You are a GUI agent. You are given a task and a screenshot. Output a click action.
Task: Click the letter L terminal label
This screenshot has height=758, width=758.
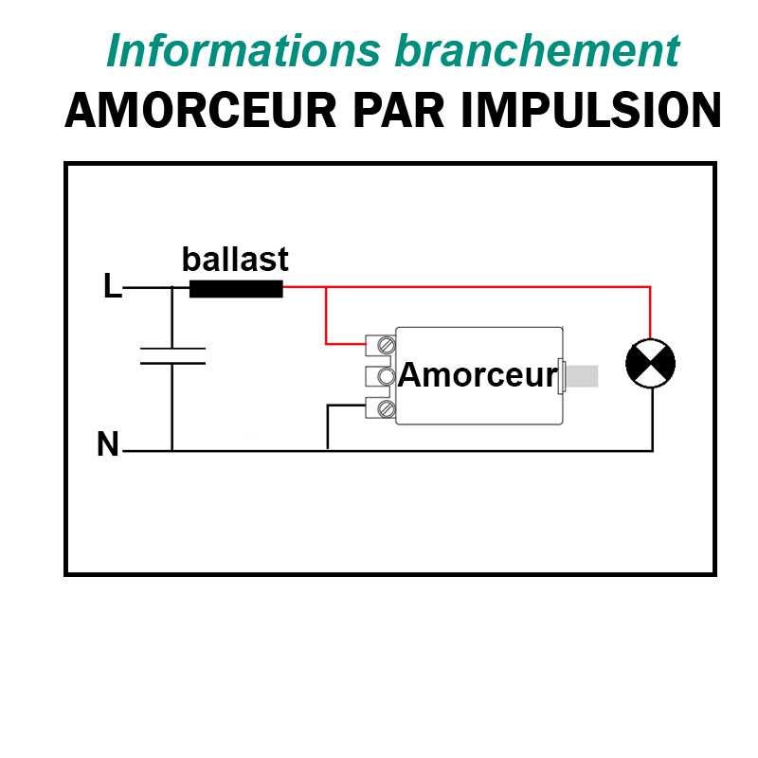pyautogui.click(x=112, y=287)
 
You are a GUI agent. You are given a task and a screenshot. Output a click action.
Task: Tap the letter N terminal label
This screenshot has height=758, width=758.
pyautogui.click(x=108, y=444)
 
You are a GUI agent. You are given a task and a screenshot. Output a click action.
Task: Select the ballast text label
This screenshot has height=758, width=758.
pyautogui.click(x=235, y=260)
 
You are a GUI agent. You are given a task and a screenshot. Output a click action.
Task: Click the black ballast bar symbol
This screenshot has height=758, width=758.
pyautogui.click(x=236, y=289)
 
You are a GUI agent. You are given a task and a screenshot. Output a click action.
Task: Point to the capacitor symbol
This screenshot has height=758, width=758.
pyautogui.click(x=171, y=355)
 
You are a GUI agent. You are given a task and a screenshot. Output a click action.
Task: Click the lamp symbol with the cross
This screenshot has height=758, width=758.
pyautogui.click(x=651, y=364)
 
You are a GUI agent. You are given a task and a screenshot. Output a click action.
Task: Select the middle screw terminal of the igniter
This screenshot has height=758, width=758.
pyautogui.click(x=387, y=376)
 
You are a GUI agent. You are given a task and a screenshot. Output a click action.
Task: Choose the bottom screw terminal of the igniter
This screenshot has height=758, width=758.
pyautogui.click(x=387, y=408)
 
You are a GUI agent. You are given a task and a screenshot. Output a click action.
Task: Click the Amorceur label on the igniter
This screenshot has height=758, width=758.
pyautogui.click(x=478, y=375)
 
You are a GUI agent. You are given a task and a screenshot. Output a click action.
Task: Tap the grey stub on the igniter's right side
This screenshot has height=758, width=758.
pyautogui.click(x=583, y=375)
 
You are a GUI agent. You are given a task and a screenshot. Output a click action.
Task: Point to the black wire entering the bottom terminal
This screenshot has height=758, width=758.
pyautogui.click(x=346, y=406)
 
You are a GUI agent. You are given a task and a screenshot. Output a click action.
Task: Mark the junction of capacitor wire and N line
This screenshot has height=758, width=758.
pyautogui.click(x=171, y=451)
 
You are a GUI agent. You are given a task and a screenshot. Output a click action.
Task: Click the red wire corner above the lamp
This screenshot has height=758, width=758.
pyautogui.click(x=651, y=286)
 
